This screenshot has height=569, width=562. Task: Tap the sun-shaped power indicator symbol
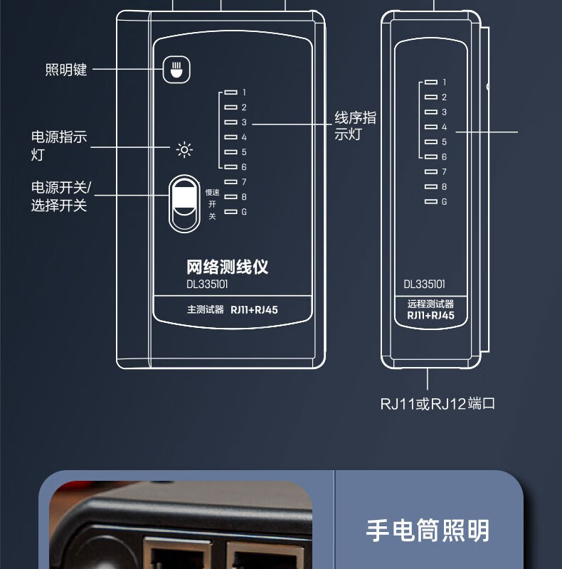pyautogui.click(x=184, y=150)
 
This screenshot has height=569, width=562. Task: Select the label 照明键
pyautogui.click(x=66, y=70)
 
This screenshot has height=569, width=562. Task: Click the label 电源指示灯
pyautogui.click(x=59, y=145)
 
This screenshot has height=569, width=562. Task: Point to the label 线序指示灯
pyautogui.click(x=355, y=126)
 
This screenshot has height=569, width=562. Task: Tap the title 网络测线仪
pyautogui.click(x=227, y=267)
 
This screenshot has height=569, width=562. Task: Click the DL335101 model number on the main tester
pyautogui.click(x=207, y=284)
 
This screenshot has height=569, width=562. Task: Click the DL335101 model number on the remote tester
pyautogui.click(x=425, y=284)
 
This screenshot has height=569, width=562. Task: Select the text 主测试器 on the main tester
pyautogui.click(x=206, y=310)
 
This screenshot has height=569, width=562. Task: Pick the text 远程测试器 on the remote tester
pyautogui.click(x=430, y=304)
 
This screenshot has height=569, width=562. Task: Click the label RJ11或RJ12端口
pyautogui.click(x=438, y=404)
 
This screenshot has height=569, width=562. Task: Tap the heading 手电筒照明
pyautogui.click(x=428, y=530)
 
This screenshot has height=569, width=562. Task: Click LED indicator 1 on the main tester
pyautogui.click(x=230, y=92)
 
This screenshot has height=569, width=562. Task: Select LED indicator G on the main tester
pyautogui.click(x=230, y=212)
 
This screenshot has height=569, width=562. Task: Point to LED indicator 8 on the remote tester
pyautogui.click(x=430, y=186)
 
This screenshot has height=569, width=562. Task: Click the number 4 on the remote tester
pyautogui.click(x=444, y=127)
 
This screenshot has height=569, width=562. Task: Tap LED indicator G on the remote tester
pyautogui.click(x=430, y=201)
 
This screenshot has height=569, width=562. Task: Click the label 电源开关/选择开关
pyautogui.click(x=61, y=196)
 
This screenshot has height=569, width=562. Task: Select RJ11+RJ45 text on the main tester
pyautogui.click(x=254, y=310)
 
